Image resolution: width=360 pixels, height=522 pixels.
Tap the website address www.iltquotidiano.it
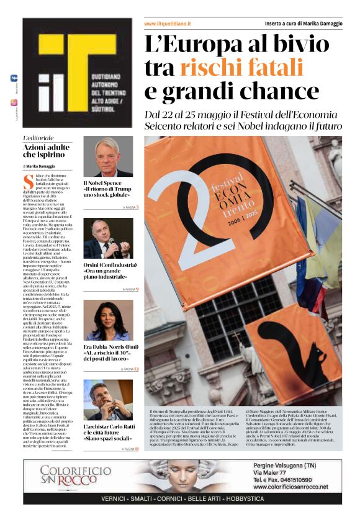(168, 24)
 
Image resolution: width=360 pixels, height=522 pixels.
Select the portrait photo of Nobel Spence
(108, 156)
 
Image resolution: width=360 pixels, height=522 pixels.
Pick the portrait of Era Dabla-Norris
(108, 320)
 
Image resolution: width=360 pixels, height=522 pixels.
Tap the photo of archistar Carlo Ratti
(108, 400)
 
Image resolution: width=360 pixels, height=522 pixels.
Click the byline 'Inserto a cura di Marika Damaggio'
(304, 24)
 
